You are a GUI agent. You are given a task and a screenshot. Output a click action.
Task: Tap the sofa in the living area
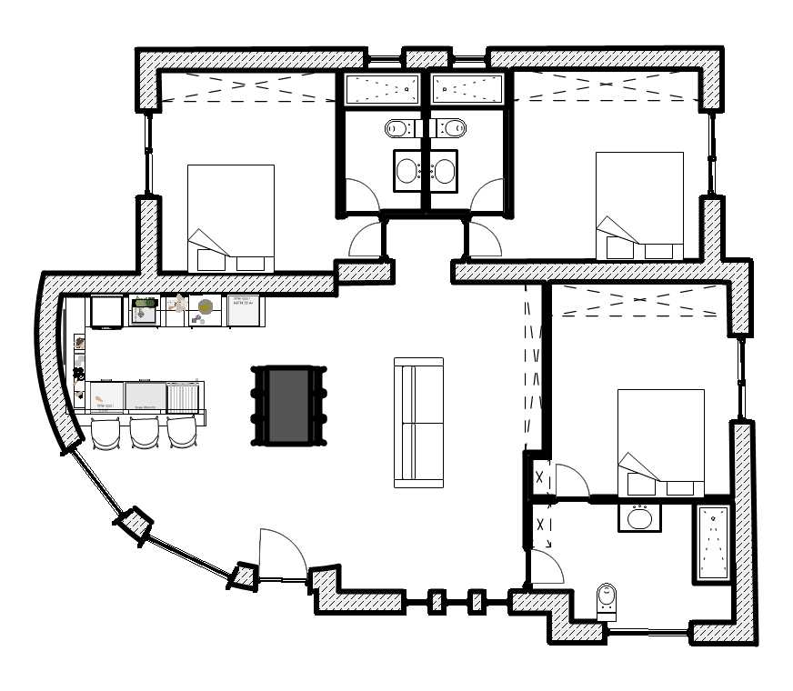(418, 423)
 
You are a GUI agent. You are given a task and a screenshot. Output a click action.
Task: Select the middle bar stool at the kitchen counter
(145, 433)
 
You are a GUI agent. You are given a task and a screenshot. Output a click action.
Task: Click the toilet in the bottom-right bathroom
(607, 601)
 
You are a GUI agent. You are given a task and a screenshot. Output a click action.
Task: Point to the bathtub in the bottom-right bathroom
(713, 543)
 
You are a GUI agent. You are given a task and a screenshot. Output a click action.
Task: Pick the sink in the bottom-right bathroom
(639, 518)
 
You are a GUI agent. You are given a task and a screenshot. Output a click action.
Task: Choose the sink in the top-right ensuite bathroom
(445, 170)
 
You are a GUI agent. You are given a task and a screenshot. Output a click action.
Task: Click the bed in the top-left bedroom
(230, 218)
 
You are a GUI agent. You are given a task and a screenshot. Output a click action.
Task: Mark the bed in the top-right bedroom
(638, 205)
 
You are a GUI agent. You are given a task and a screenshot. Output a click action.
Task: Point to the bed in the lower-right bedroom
(660, 443)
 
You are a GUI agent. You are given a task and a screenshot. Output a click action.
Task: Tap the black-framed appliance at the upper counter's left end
(107, 312)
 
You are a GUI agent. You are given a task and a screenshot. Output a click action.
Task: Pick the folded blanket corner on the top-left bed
(207, 244)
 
